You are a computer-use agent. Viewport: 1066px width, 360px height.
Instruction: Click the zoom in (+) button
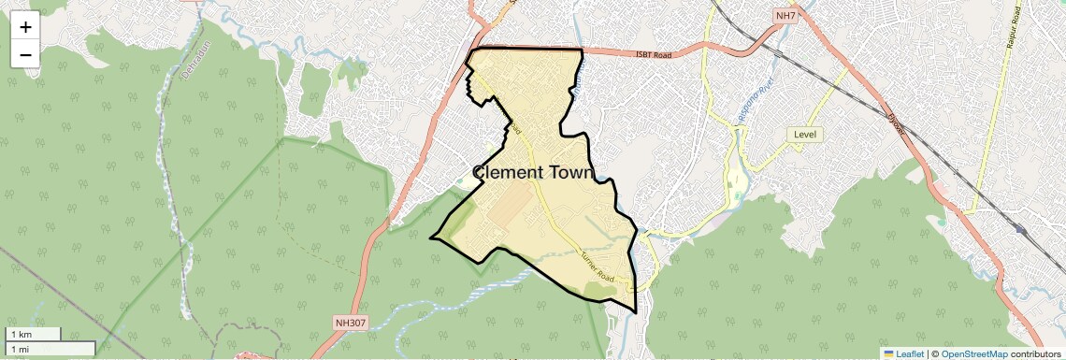[25, 27]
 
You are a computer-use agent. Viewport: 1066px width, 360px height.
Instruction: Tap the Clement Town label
[533, 173]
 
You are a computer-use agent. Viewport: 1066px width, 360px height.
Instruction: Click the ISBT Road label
[655, 55]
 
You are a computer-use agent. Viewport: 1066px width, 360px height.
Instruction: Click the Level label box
[805, 135]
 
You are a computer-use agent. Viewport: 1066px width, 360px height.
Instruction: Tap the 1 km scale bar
[33, 334]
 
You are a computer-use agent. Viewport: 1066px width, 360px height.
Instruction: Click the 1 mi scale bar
[49, 349]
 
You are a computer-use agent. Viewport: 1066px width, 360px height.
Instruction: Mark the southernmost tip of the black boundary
[636, 312]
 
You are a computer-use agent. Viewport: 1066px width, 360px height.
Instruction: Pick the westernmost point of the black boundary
[431, 238]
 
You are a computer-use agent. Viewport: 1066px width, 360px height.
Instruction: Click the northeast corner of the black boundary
[583, 50]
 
